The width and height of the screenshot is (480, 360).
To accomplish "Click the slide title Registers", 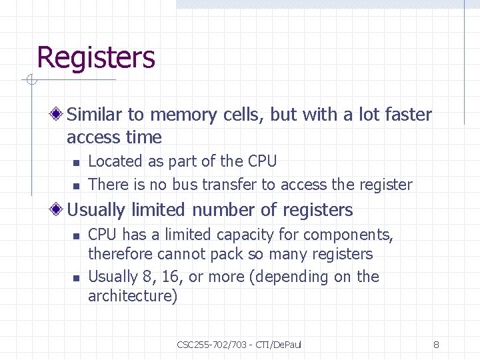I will click(96, 58).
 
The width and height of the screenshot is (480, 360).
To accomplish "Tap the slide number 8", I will click(436, 345).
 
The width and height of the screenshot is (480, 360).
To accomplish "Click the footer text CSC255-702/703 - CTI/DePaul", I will click(239, 345).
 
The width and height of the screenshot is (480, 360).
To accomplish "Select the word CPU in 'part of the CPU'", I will click(262, 161).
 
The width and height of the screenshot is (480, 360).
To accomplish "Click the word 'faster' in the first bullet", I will click(408, 115).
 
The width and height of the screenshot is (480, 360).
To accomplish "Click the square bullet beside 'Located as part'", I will click(77, 163).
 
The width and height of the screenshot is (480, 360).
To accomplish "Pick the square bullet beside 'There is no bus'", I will click(77, 186).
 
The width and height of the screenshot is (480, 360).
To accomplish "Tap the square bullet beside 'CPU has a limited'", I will click(77, 236).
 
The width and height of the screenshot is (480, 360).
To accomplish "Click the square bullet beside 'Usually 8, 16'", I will click(77, 278).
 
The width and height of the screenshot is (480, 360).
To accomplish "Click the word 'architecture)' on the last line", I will click(133, 296).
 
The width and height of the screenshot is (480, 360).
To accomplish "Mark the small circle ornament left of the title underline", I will click(30, 81).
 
